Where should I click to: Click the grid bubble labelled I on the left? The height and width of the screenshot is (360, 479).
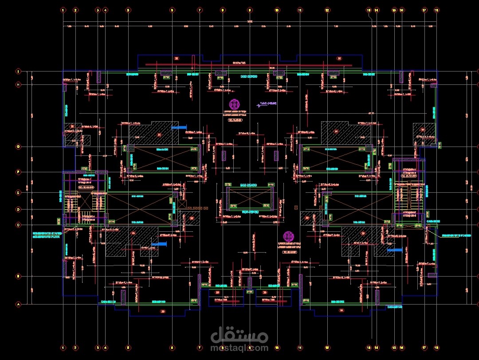point(19,71)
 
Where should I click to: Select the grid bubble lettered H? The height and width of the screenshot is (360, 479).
point(19,84)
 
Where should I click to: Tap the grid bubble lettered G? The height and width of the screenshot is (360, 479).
point(19,146)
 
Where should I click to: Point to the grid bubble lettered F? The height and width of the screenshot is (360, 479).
point(19,171)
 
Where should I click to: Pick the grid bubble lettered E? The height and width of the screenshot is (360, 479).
point(19,193)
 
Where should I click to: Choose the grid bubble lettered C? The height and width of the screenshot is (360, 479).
point(19,225)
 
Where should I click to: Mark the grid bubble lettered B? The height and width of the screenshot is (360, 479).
point(19,276)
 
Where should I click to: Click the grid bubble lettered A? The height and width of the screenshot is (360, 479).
point(19,304)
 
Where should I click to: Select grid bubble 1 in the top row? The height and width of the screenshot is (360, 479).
point(63,10)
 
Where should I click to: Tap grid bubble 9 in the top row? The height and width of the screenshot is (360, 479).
point(250,10)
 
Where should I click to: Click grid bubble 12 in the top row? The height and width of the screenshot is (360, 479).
point(327,10)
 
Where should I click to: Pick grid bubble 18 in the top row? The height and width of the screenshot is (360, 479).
point(436,10)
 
